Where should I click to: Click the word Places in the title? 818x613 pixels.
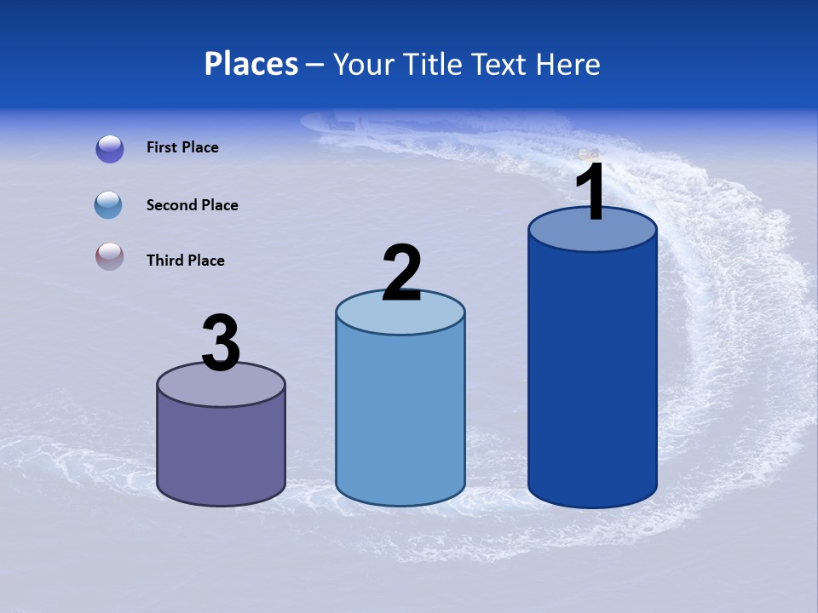click(251, 64)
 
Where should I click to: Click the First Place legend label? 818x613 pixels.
click(182, 147)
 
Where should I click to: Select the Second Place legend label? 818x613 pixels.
click(192, 205)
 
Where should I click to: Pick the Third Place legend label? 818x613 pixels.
click(185, 261)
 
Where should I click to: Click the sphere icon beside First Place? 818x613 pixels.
click(110, 149)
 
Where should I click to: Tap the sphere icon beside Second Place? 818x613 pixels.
click(108, 205)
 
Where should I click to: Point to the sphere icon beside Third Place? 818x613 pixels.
click(109, 256)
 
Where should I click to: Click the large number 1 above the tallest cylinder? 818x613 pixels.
click(591, 192)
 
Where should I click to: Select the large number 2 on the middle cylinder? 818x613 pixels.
click(401, 273)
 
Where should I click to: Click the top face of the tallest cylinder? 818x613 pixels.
click(592, 234)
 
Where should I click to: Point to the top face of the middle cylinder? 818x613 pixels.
click(400, 314)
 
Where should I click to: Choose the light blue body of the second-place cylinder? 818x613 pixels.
click(400, 417)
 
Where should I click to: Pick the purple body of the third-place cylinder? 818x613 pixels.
click(222, 451)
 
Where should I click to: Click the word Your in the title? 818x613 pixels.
click(360, 64)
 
